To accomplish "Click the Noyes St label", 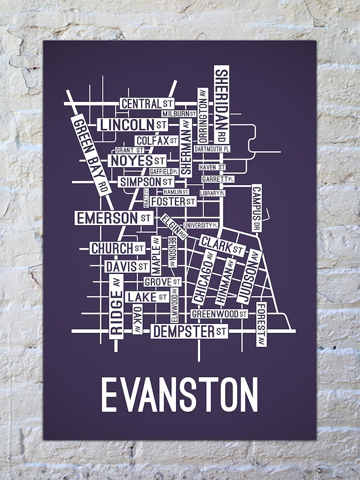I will [136, 160].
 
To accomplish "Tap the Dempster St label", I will [189, 331].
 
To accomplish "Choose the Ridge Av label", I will [116, 307].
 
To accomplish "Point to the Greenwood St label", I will [219, 314].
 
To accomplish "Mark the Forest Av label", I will [261, 324].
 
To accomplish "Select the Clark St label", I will [222, 245].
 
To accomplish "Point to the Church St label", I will [117, 248].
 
